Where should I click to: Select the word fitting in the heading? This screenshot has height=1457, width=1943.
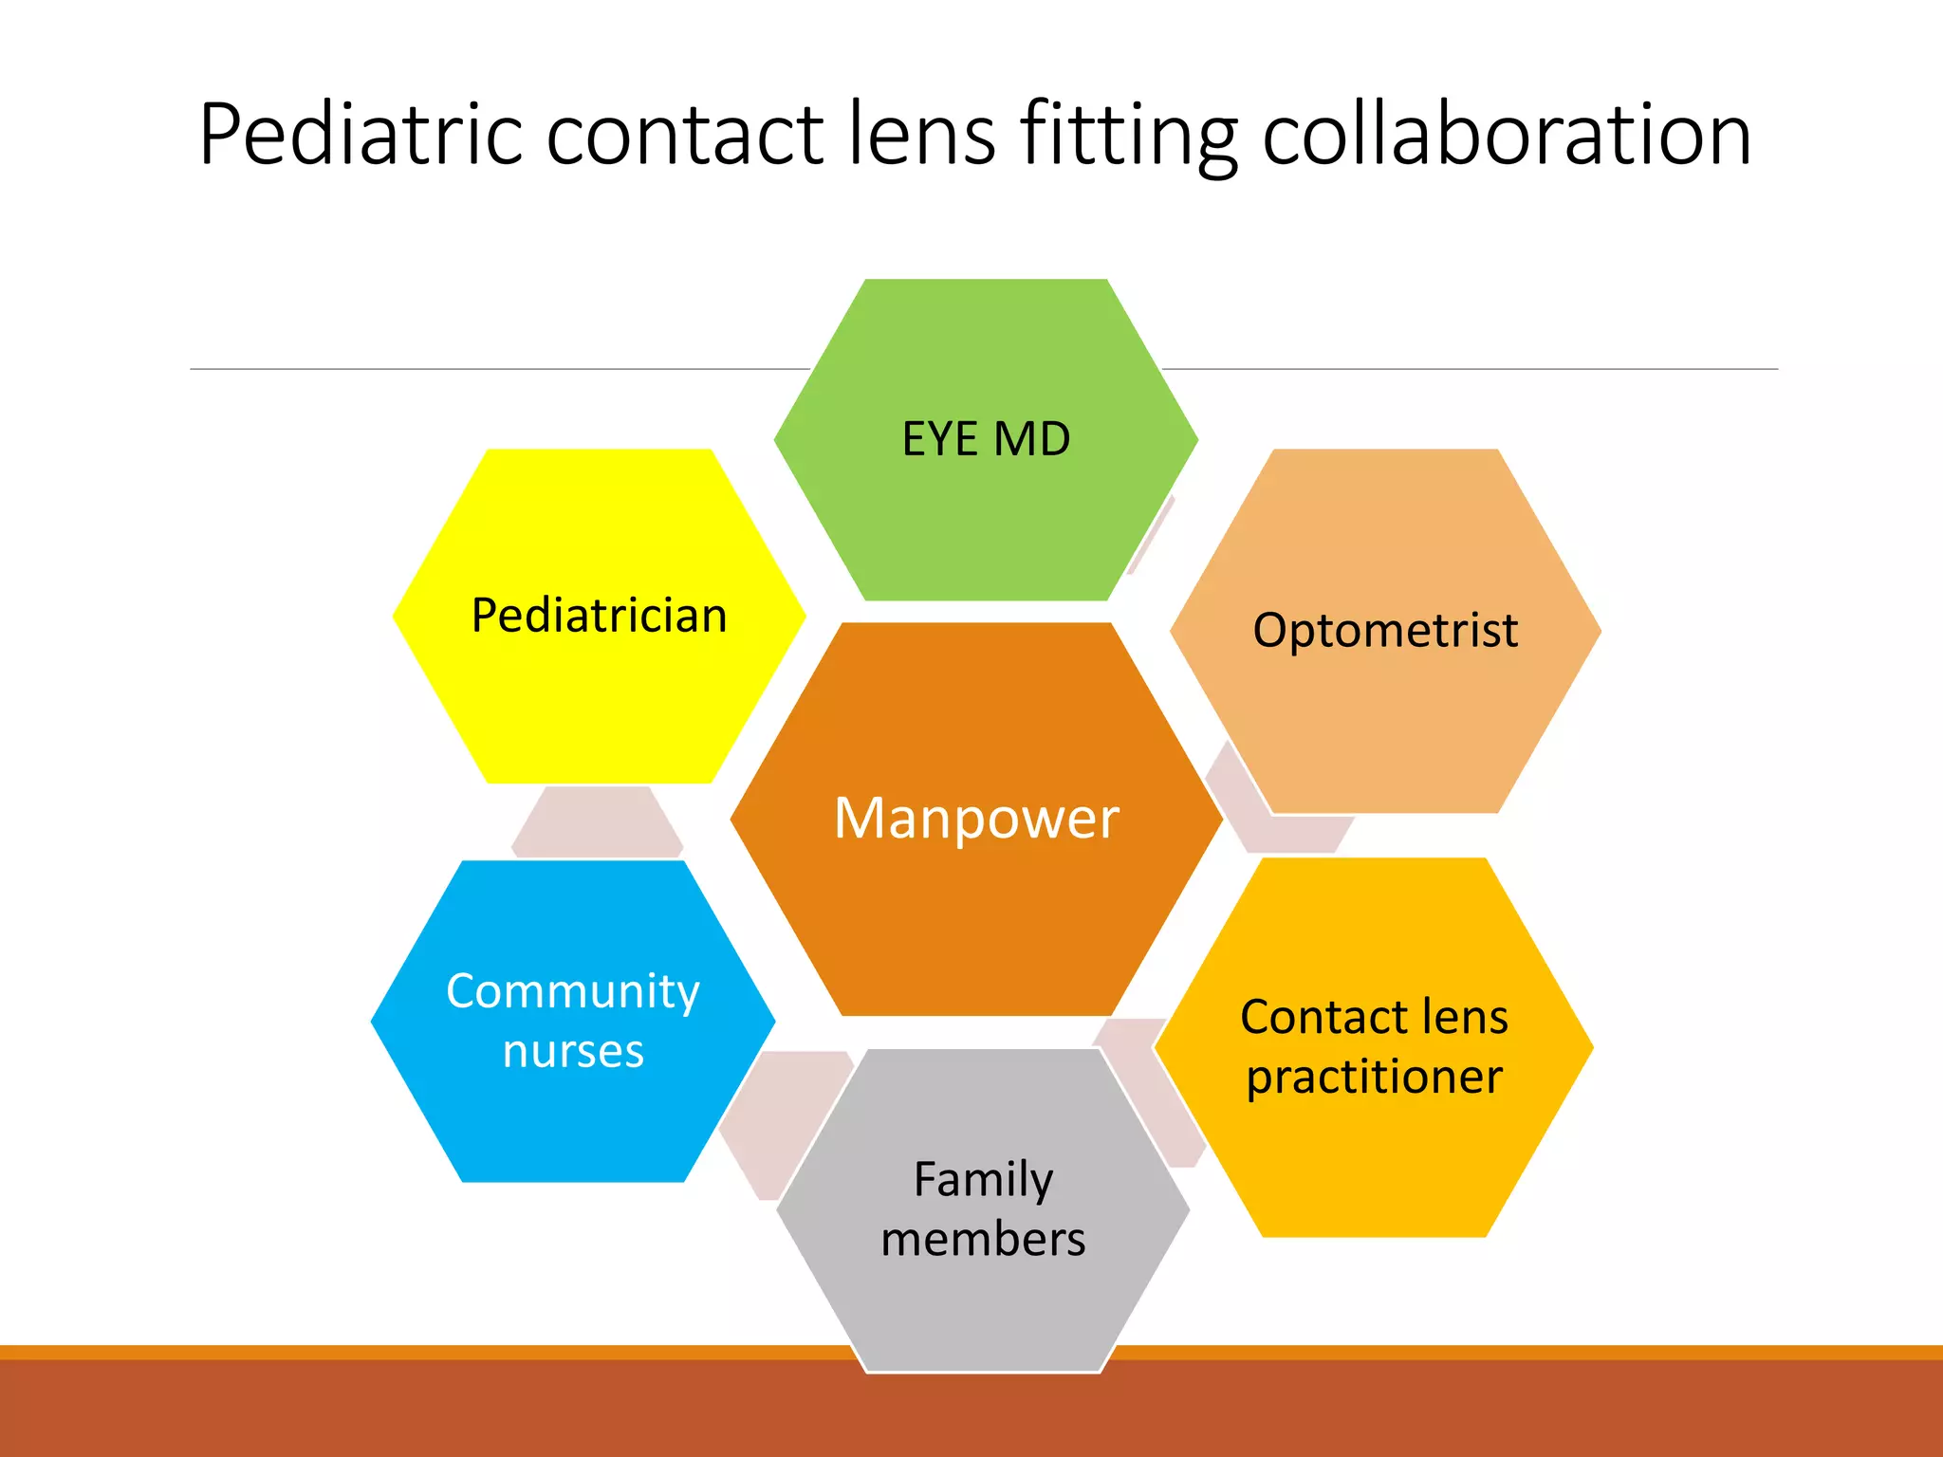[x=1128, y=135]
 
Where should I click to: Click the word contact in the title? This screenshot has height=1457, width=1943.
[x=684, y=135]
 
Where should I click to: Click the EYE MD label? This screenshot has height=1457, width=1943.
[x=986, y=439]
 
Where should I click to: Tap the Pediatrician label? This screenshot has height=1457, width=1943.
[x=599, y=616]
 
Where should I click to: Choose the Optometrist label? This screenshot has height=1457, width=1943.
[x=1385, y=631]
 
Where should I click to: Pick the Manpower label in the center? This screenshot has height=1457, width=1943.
[x=976, y=818]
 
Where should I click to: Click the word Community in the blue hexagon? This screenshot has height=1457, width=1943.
[x=573, y=992]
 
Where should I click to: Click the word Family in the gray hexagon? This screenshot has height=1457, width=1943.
[x=983, y=1180]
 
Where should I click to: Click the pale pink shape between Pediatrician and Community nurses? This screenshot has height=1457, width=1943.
[x=597, y=821]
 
